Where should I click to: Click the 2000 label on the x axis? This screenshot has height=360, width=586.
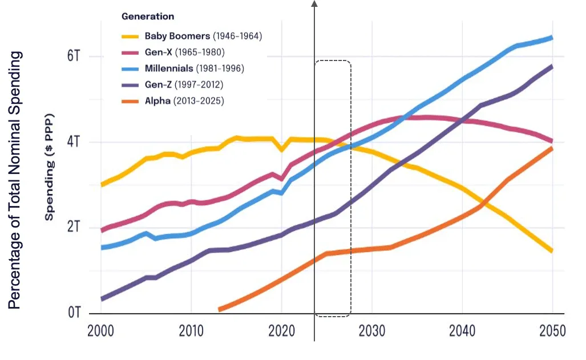pyautogui.click(x=101, y=331)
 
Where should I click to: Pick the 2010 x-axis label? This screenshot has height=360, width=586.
pyautogui.click(x=191, y=331)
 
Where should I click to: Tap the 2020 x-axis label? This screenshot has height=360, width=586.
pyautogui.click(x=281, y=331)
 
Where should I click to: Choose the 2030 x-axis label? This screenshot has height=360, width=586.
pyautogui.click(x=371, y=331)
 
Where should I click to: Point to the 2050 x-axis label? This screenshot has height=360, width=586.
pyautogui.click(x=552, y=331)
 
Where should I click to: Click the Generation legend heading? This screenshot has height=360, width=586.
pyautogui.click(x=148, y=17)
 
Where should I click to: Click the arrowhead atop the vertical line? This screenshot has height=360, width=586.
pyautogui.click(x=314, y=4)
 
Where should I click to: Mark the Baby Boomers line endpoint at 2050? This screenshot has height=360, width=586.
pyautogui.click(x=552, y=250)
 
